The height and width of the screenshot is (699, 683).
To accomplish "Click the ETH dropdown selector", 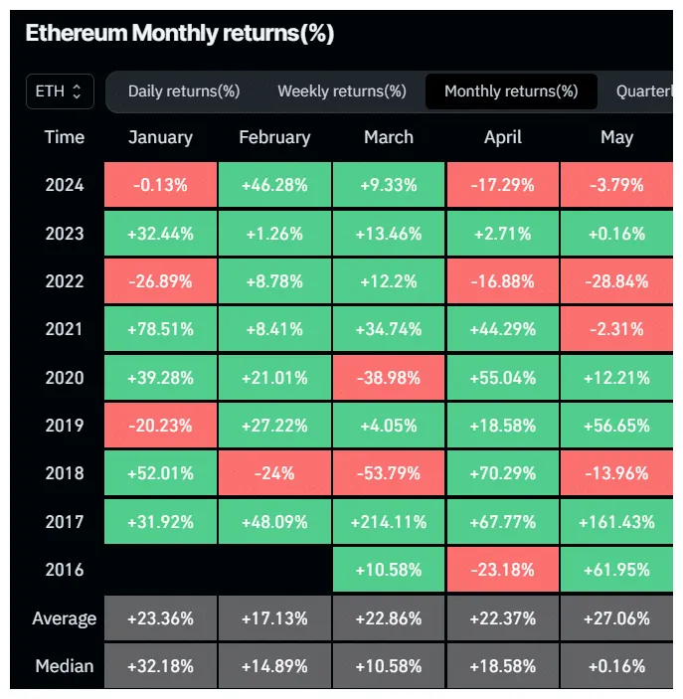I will pyautogui.click(x=61, y=91).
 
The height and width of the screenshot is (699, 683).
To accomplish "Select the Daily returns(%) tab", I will pyautogui.click(x=184, y=91).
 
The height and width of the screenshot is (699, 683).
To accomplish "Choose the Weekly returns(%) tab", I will pyautogui.click(x=342, y=91).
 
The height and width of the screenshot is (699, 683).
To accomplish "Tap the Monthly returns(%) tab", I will pyautogui.click(x=511, y=91).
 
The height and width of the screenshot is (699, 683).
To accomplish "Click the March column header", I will pyautogui.click(x=389, y=137).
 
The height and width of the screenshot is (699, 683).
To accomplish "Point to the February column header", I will pyautogui.click(x=274, y=137).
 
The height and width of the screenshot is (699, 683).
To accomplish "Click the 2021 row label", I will pyautogui.click(x=65, y=330).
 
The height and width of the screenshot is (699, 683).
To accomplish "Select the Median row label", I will pyautogui.click(x=65, y=666).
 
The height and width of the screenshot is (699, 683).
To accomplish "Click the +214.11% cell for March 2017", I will pyautogui.click(x=389, y=522).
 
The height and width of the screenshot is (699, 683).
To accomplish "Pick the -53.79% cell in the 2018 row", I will pyautogui.click(x=389, y=474).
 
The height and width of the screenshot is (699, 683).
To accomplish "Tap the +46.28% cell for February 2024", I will pyautogui.click(x=274, y=185).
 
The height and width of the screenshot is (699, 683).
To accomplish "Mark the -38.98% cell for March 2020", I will pyautogui.click(x=389, y=378).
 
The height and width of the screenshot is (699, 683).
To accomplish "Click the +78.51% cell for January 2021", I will pyautogui.click(x=160, y=330).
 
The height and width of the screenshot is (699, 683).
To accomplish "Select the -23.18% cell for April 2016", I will pyautogui.click(x=503, y=571).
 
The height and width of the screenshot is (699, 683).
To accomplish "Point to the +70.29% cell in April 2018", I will pyautogui.click(x=503, y=474).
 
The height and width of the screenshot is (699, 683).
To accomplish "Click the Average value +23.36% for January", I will pyautogui.click(x=160, y=618).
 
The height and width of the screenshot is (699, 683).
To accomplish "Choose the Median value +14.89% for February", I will pyautogui.click(x=274, y=666).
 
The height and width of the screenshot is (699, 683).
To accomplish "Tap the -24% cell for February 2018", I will pyautogui.click(x=274, y=474).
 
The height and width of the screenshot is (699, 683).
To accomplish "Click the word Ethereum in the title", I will pyautogui.click(x=76, y=33).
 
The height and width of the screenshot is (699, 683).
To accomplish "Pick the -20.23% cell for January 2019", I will pyautogui.click(x=160, y=426).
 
